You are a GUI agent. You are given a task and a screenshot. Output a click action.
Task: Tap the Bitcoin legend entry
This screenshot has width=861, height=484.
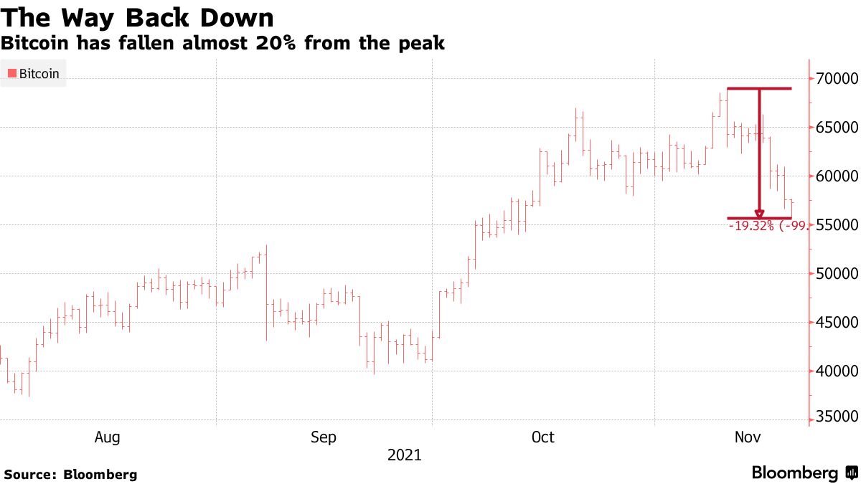pyautogui.click(x=34, y=73)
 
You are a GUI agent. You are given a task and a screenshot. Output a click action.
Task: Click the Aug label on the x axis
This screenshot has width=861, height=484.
pyautogui.click(x=107, y=437)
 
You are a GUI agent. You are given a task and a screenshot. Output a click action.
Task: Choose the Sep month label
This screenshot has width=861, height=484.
pyautogui.click(x=324, y=437)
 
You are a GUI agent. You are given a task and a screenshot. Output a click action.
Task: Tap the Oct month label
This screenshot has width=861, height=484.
pyautogui.click(x=542, y=437)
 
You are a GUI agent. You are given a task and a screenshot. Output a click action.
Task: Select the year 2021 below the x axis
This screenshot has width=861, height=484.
pyautogui.click(x=405, y=455)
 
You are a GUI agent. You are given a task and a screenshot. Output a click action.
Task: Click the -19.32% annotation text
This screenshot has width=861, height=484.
pyautogui.click(x=751, y=226)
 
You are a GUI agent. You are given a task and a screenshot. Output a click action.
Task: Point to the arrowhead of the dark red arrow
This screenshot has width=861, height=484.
pyautogui.click(x=759, y=214)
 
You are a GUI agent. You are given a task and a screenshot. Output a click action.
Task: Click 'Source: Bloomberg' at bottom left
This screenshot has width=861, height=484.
pyautogui.click(x=70, y=474)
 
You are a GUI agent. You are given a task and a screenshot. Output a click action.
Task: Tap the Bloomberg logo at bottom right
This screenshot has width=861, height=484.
pyautogui.click(x=804, y=473)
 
